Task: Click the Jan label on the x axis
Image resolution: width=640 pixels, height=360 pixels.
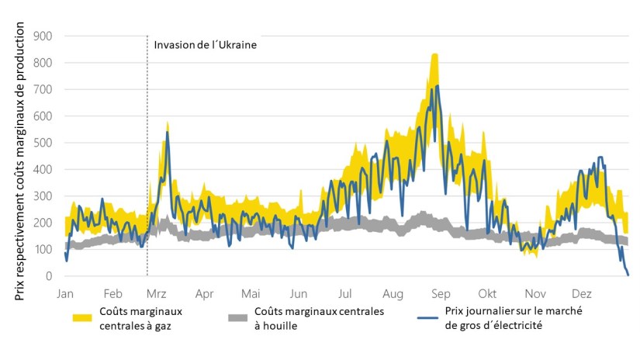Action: [x=65, y=294]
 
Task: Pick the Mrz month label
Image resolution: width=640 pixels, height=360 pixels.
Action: [x=157, y=294]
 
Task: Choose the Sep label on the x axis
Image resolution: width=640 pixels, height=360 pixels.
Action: [x=441, y=294]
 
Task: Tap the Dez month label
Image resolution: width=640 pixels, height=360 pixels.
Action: [x=581, y=294]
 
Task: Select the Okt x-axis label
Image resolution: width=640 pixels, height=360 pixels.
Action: [x=487, y=294]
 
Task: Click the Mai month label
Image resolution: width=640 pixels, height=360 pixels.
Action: [x=251, y=294]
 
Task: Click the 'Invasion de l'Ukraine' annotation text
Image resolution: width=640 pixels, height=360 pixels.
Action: [x=205, y=44]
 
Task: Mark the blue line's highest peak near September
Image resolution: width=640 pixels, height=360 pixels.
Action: [x=438, y=85]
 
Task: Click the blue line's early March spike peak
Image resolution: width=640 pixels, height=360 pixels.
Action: [x=167, y=133]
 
